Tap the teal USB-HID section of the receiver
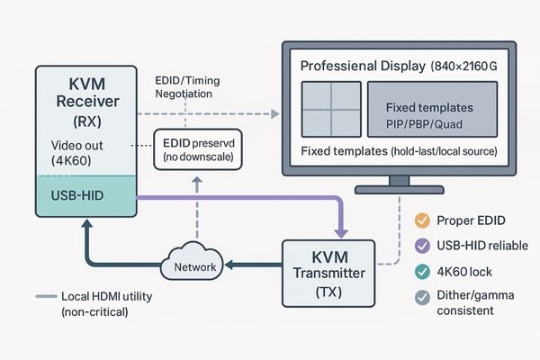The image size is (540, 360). (x=85, y=195)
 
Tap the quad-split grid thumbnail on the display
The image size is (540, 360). (x=328, y=107)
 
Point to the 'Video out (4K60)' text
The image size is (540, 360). (x=71, y=156)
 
